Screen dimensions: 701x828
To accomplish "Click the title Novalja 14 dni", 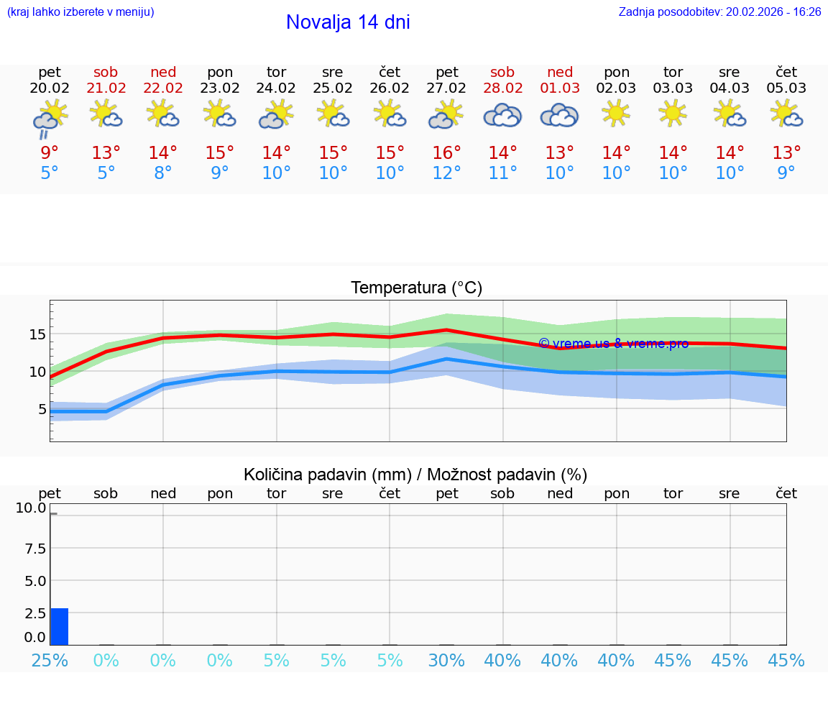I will (348, 22).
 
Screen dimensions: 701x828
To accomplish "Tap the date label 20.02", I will (50, 88).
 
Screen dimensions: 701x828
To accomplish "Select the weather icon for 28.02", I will (502, 115).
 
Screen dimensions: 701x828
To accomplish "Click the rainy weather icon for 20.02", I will (50, 118).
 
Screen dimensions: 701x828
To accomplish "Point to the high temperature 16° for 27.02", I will (446, 153).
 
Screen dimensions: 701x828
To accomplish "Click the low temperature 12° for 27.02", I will (446, 173).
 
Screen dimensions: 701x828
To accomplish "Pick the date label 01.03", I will (560, 88).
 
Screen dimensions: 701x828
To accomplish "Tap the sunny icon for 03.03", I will (673, 113).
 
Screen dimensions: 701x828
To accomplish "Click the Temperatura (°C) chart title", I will (416, 288).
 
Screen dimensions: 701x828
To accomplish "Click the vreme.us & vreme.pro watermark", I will (613, 344).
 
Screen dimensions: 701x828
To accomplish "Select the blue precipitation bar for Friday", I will (60, 627).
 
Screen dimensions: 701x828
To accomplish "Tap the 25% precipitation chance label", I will (50, 661).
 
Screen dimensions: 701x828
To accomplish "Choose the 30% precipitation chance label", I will (446, 661).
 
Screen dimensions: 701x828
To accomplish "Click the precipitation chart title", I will (415, 475).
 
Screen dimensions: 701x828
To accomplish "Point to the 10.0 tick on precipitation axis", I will (31, 508).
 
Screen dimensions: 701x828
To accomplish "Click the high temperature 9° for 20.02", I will (50, 153).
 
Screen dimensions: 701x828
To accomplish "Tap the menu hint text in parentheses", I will (80, 12).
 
